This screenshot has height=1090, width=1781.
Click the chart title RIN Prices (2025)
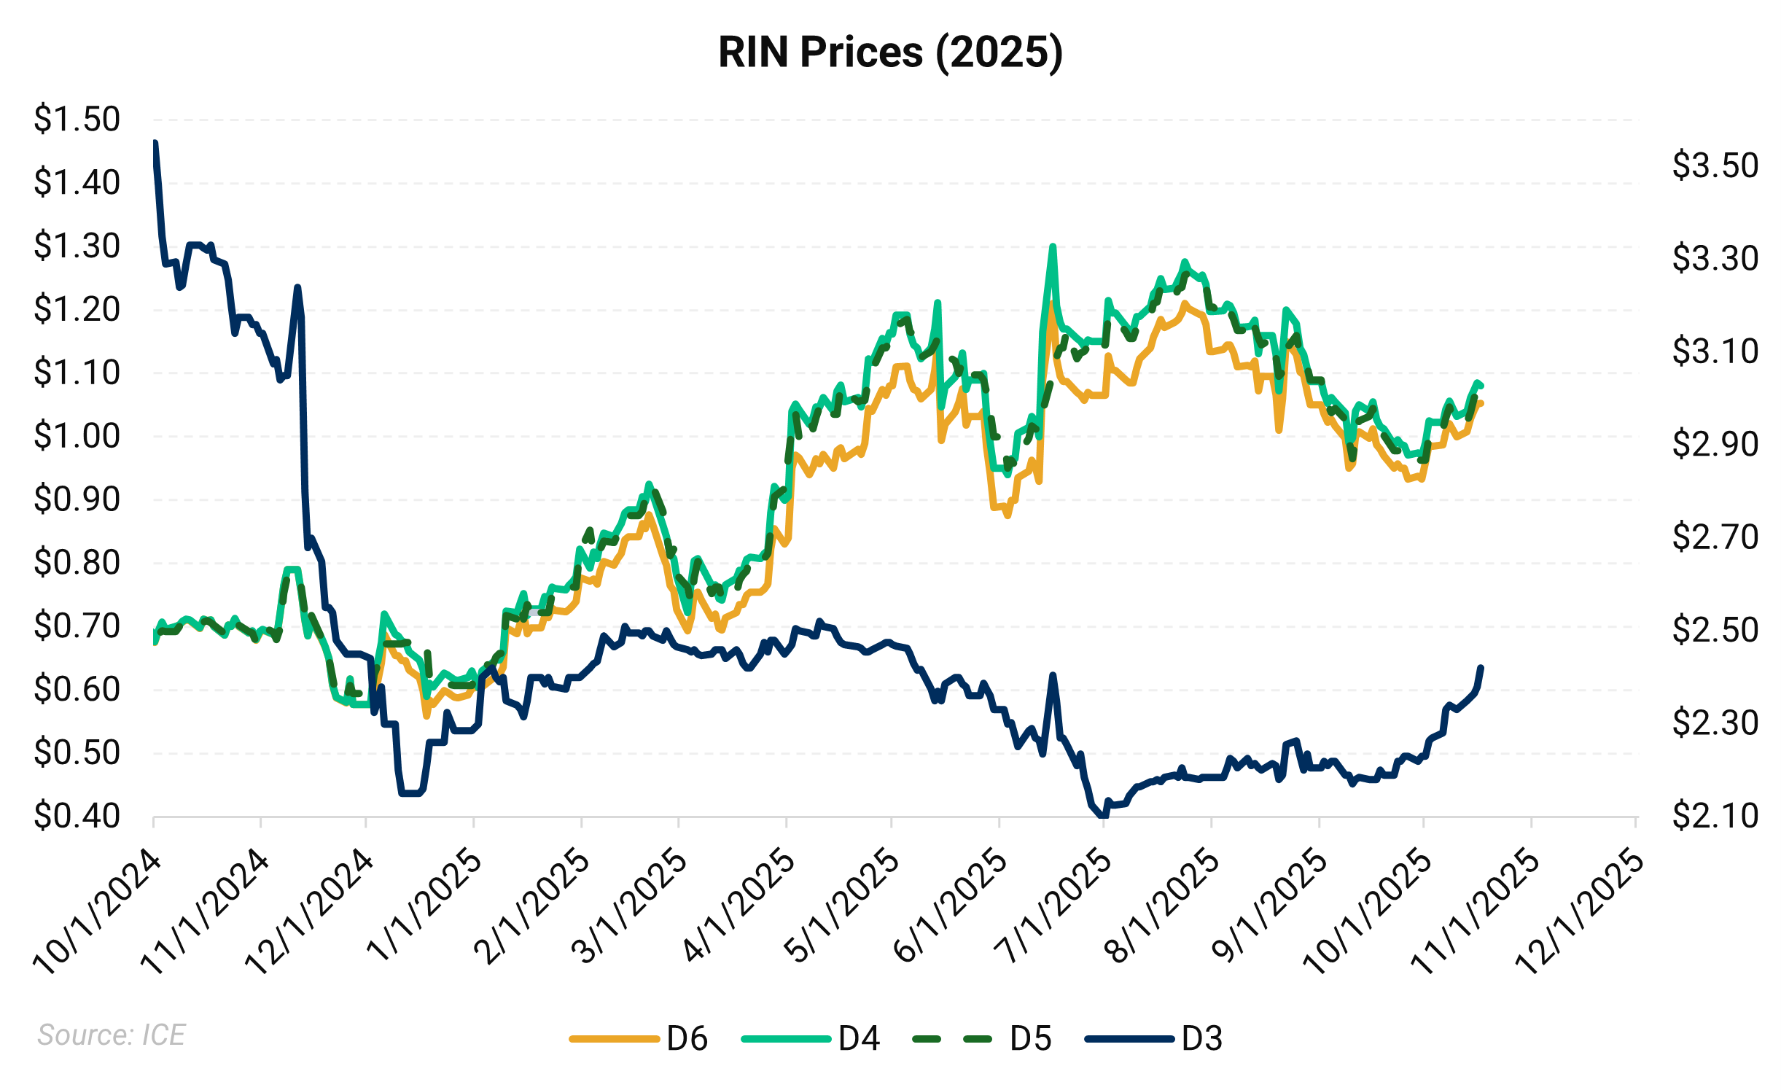tap(890, 52)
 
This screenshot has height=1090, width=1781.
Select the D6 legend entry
tap(639, 1038)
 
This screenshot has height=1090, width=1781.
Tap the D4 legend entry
tap(811, 1038)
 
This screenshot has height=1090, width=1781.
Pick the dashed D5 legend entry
tap(982, 1038)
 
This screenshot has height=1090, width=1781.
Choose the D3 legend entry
tap(1153, 1038)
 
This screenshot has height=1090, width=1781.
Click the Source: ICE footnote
tap(112, 1035)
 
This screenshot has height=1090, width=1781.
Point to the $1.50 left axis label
tap(77, 119)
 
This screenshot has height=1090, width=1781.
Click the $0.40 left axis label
tap(77, 816)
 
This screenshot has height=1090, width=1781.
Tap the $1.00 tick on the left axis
tap(77, 436)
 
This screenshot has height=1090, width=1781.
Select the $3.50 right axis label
tap(1715, 166)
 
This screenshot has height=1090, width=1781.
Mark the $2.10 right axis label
tap(1715, 816)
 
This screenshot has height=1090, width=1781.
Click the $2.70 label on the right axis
tap(1715, 537)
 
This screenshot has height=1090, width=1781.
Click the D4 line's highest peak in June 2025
tap(1053, 246)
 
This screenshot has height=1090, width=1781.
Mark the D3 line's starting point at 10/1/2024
tap(155, 143)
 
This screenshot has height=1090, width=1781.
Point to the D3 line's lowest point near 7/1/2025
tap(1102, 816)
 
